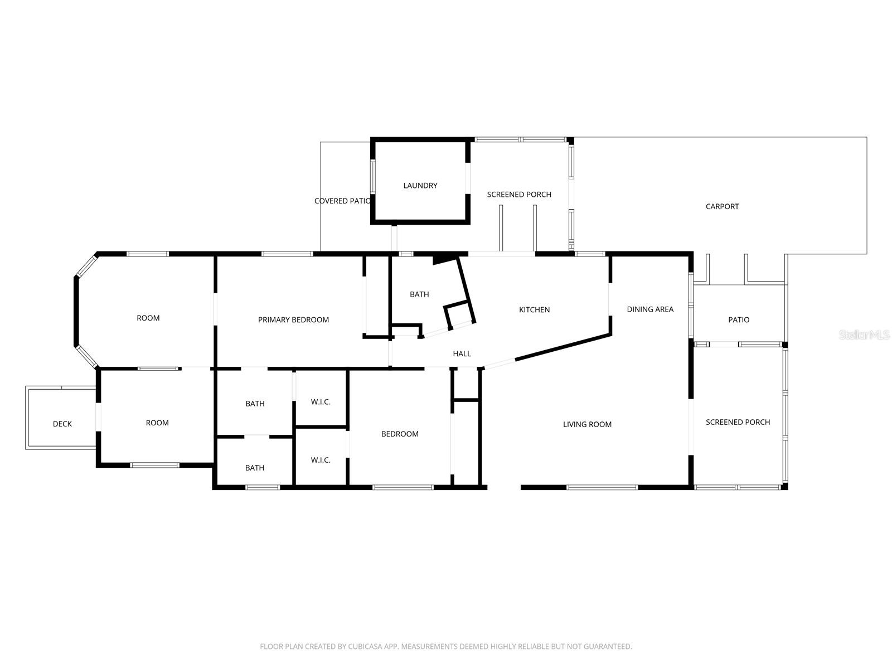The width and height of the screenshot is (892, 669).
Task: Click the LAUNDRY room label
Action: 420,186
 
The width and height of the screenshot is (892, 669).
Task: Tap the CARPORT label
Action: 722,206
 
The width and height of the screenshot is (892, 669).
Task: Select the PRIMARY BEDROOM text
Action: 293,320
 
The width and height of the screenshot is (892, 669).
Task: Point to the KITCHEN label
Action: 534,310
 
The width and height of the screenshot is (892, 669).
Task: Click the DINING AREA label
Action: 650,309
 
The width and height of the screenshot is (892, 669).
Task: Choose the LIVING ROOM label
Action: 587,425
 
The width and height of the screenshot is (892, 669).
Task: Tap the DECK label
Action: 62,424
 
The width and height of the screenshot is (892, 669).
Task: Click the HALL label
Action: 462,354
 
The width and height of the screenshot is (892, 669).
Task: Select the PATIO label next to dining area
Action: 739,320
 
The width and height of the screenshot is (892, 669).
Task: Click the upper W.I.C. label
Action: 321,402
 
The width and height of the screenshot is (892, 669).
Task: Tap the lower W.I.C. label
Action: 321,460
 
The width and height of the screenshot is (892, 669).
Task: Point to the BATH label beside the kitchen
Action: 419,294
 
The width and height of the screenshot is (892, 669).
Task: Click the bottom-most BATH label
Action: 255,468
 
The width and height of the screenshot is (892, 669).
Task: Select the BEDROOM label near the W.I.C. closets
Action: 400,434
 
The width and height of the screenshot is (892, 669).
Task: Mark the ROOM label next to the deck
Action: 157,423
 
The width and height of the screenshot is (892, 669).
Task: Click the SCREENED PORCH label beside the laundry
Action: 519,195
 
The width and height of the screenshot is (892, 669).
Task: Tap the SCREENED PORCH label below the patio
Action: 738,423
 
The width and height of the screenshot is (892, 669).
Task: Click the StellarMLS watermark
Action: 865,335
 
